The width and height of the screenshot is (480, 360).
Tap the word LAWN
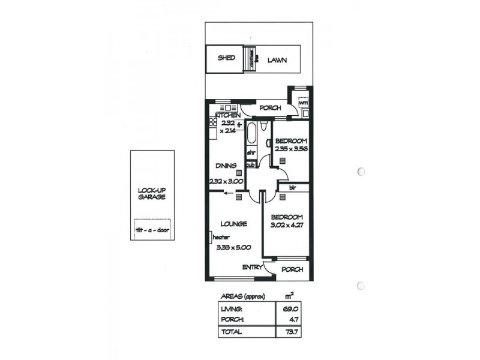pyautogui.click(x=277, y=60)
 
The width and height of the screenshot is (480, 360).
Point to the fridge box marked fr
pyautogui.click(x=239, y=125)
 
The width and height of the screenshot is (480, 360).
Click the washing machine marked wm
pyautogui.click(x=303, y=103)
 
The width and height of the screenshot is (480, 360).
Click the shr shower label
pyautogui.click(x=251, y=153)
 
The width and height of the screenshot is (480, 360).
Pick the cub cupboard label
pyautogui.click(x=250, y=164)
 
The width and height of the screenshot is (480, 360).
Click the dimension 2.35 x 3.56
pyautogui.click(x=290, y=149)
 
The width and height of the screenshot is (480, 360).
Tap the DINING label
pyautogui.click(x=227, y=166)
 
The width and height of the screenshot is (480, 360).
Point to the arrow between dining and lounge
pyautogui.click(x=228, y=193)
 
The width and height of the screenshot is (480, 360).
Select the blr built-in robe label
pyautogui.click(x=292, y=187)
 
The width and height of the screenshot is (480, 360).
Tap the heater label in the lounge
pyautogui.click(x=220, y=237)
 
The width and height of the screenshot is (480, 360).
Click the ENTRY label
pyautogui.click(x=252, y=268)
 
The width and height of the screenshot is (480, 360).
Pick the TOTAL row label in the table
pyautogui.click(x=232, y=331)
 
